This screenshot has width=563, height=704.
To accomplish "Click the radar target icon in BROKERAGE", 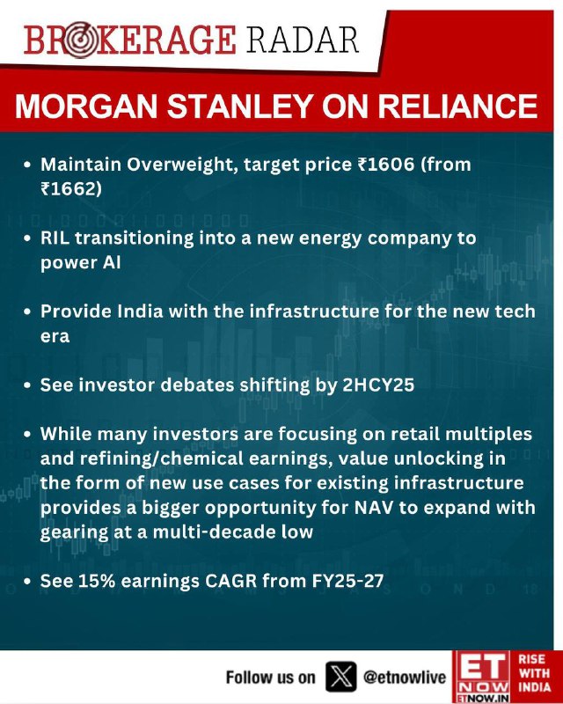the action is (x=79, y=40).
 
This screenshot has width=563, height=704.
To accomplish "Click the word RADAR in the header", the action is (x=303, y=40).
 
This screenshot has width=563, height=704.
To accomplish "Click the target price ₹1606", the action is (x=385, y=165).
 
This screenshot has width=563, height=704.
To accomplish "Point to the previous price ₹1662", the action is (x=69, y=188).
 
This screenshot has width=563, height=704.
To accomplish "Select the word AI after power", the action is (x=112, y=262).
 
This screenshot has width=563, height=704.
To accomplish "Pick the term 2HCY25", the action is (x=378, y=385).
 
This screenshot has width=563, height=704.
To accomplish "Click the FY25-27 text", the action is (x=347, y=581).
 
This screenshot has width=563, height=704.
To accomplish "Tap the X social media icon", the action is (x=341, y=677).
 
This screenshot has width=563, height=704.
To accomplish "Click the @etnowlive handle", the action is (x=405, y=677).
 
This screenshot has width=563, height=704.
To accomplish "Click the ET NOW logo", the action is (x=481, y=677).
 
